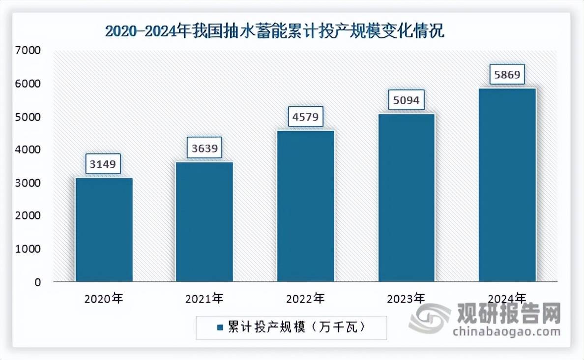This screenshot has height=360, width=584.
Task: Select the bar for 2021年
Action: point(204,222)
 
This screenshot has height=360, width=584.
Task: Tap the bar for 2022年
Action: point(306,206)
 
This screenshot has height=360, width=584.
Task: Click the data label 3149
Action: point(104,164)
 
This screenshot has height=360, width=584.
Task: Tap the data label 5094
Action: point(407,100)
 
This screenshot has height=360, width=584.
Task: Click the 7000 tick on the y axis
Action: point(30,51)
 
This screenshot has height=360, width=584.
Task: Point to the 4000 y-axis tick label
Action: point(30,150)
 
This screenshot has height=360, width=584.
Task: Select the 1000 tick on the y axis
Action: point(30,249)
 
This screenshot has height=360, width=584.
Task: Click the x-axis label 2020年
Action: point(104,299)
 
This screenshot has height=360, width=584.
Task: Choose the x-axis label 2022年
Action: point(306,299)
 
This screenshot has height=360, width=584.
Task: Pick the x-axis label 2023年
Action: point(407,299)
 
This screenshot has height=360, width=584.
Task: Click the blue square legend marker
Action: point(218,327)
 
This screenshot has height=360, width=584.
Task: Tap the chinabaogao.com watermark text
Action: point(507,332)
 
